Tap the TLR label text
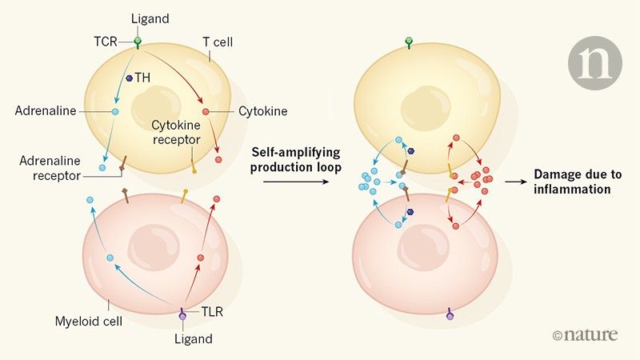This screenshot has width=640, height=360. (x=210, y=313)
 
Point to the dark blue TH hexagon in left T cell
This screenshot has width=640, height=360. (x=129, y=78)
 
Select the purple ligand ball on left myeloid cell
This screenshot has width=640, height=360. (x=182, y=318)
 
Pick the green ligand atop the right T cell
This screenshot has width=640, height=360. (x=409, y=40)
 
